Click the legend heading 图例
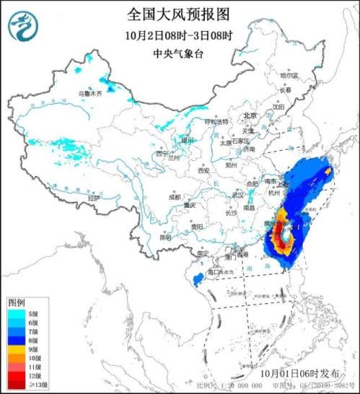click(17, 302)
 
